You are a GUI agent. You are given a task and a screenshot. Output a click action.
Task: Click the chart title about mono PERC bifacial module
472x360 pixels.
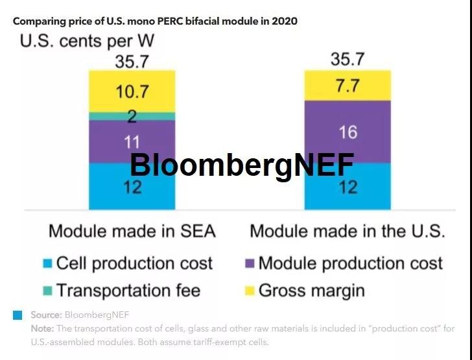point(155,21)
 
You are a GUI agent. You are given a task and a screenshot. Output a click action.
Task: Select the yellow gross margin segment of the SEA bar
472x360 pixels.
point(132,91)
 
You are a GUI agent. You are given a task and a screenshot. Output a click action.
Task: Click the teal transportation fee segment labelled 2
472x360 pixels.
point(132,116)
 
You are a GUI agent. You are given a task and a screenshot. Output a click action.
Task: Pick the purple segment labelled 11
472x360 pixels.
point(132,141)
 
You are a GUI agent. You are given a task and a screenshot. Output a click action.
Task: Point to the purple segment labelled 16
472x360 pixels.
point(348,132)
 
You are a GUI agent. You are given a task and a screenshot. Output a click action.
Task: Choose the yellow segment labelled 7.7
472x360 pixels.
point(348,86)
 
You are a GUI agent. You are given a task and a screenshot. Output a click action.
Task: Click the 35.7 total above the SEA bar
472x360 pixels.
point(132,62)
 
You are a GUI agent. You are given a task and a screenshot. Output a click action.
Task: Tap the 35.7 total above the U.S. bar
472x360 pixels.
point(348,60)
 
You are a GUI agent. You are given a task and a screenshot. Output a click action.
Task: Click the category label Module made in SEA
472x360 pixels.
point(132,231)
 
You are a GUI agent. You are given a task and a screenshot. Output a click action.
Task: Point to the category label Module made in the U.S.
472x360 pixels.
point(348,231)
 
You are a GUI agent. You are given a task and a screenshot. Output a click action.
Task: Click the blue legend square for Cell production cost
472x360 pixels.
point(47,264)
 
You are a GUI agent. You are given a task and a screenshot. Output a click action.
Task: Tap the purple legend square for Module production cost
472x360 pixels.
point(248,264)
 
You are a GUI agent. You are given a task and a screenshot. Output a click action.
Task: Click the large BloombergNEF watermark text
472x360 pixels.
point(242,165)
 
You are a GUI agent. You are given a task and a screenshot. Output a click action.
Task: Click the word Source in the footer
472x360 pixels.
point(45,315)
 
